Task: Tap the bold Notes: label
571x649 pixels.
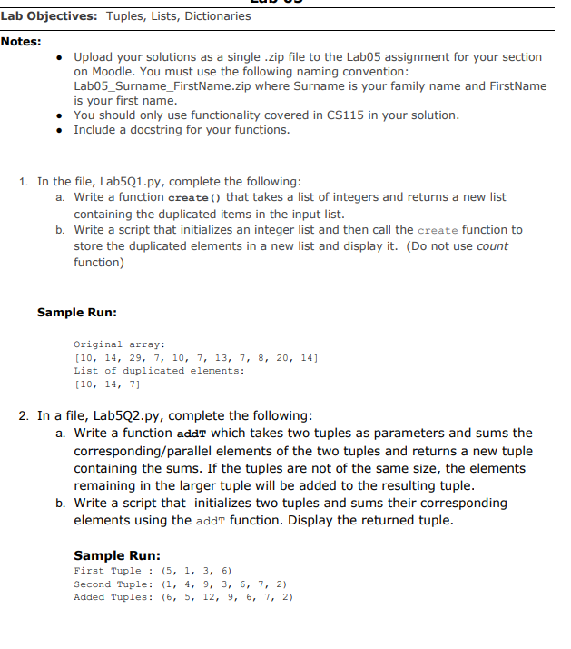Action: pos(21,41)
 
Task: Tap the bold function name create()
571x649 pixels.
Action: pos(195,197)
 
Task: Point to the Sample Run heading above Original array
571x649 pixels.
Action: pos(76,313)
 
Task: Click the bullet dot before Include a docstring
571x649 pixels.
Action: pos(59,130)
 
